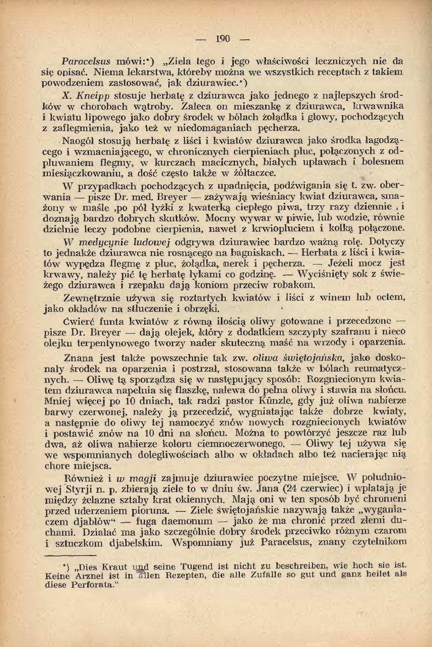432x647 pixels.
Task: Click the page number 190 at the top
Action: [x=223, y=39]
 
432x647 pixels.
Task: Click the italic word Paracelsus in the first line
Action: [x=86, y=61]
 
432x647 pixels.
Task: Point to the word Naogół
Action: [x=79, y=141]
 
